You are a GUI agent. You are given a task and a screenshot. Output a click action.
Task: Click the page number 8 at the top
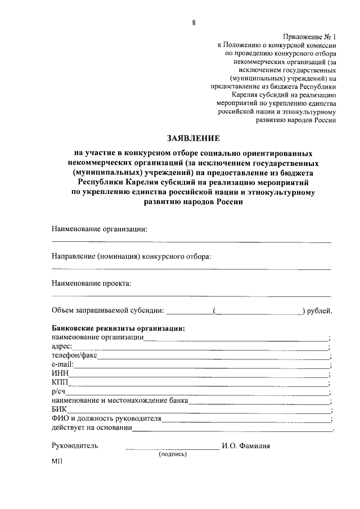193,22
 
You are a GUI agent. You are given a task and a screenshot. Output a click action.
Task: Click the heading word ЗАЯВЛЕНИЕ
193,138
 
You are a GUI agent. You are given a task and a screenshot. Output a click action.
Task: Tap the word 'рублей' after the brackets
320,310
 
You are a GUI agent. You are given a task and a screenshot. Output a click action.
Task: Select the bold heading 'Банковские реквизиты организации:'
119,328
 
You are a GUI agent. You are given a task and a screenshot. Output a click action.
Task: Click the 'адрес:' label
61,346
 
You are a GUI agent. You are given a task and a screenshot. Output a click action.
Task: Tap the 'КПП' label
60,382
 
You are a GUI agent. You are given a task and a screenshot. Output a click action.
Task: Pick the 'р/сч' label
58,391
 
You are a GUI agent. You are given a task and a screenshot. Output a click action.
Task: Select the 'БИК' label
59,409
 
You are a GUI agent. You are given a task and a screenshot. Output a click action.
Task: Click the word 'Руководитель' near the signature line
75,445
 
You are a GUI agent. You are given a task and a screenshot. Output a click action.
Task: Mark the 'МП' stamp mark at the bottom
57,461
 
